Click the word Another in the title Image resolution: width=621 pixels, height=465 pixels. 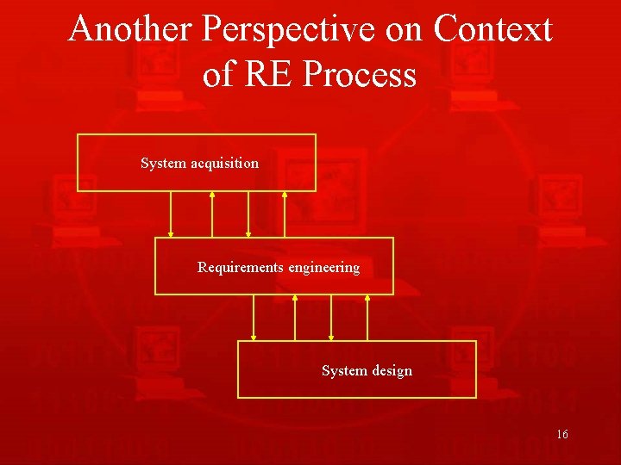click(x=131, y=29)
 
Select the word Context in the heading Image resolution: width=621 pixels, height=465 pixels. click(x=492, y=29)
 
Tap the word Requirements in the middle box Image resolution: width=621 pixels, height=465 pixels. click(x=240, y=268)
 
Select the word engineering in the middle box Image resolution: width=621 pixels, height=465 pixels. click(x=323, y=268)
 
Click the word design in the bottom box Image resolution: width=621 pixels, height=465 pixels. click(x=392, y=371)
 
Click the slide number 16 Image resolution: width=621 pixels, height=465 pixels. click(x=562, y=435)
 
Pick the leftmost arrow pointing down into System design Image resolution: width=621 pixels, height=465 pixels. click(x=254, y=318)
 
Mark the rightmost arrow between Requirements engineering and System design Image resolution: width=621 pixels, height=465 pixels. click(x=367, y=318)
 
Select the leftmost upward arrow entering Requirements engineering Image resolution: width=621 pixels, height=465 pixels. click(x=295, y=318)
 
